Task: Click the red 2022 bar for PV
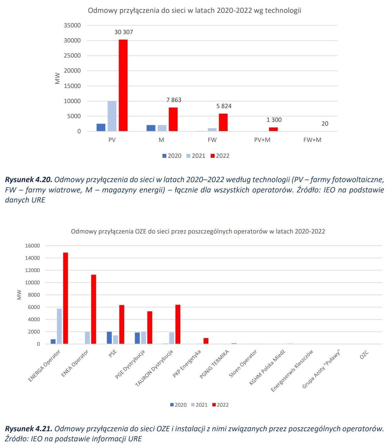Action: tap(123, 85)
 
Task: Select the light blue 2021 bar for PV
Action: tap(112, 116)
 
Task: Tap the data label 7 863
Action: tap(174, 100)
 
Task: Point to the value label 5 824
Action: tap(224, 106)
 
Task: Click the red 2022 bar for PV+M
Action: tap(273, 129)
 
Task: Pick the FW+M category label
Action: tap(312, 140)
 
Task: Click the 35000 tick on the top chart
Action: tap(72, 25)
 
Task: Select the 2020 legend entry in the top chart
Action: tap(172, 156)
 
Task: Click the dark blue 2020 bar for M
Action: tap(151, 128)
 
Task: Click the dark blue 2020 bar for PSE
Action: tap(109, 338)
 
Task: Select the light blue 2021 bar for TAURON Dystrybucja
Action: tap(172, 338)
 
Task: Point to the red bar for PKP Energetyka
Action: tap(206, 341)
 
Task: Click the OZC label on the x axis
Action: tap(364, 355)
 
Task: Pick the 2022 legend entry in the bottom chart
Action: tap(220, 405)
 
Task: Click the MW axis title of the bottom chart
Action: tap(19, 295)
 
